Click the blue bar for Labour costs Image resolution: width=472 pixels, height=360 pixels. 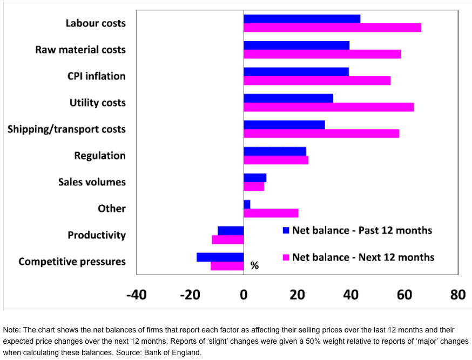click(302, 19)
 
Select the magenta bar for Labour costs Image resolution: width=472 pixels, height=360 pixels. click(332, 28)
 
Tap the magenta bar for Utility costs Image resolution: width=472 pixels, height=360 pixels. click(328, 107)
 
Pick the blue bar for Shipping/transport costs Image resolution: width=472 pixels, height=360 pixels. click(284, 125)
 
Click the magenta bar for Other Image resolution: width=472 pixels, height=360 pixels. click(271, 213)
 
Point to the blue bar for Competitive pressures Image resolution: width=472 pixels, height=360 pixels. click(220, 257)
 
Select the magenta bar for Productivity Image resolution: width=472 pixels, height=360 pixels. click(227, 239)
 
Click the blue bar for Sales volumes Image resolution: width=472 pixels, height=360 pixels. click(255, 178)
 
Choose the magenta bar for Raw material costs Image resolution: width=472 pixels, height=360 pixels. click(322, 54)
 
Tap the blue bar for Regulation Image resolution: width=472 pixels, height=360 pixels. click(274, 151)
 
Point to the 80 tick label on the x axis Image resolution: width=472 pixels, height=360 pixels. click(457, 295)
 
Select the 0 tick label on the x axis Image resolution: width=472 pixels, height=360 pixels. click(244, 295)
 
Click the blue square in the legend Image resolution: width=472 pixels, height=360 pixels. click(286, 231)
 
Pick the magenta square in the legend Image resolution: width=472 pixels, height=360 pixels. click(286, 257)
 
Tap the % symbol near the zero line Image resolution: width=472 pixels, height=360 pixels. click(254, 265)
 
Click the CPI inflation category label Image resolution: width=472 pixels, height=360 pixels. click(97, 76)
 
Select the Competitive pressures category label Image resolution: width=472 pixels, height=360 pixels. click(72, 262)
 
